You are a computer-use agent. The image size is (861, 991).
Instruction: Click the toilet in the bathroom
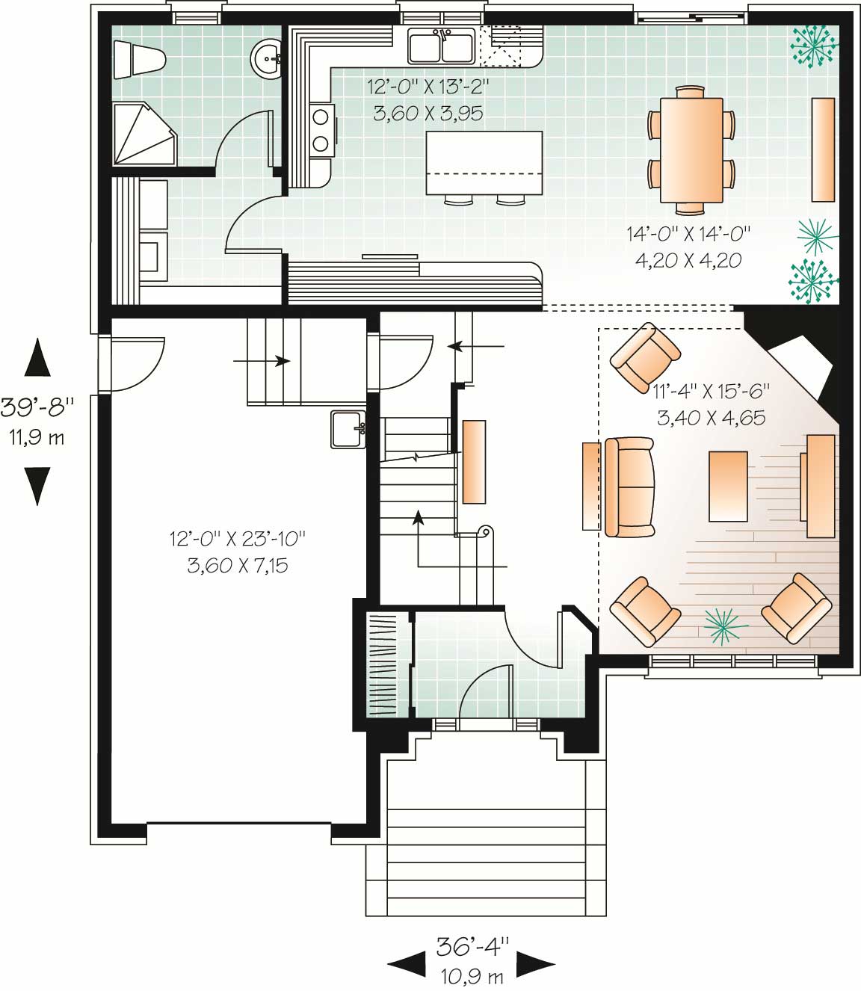pyautogui.click(x=139, y=59)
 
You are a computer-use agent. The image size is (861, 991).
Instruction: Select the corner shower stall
pyautogui.click(x=142, y=135)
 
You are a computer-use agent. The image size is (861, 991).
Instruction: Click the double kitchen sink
pyautogui.click(x=441, y=46)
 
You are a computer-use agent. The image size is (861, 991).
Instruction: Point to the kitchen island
pyautogui.click(x=484, y=162)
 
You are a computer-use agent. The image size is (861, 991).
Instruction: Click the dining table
pyautogui.click(x=691, y=150)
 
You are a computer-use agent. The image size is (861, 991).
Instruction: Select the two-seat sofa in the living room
pyautogui.click(x=629, y=487)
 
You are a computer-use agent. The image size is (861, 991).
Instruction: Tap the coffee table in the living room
pyautogui.click(x=728, y=486)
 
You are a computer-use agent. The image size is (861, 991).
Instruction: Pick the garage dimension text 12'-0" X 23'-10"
pyautogui.click(x=238, y=538)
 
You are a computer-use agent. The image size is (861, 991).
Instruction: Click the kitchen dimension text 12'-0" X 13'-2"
pyautogui.click(x=428, y=87)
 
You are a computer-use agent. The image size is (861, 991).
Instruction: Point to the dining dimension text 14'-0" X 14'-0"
pyautogui.click(x=688, y=234)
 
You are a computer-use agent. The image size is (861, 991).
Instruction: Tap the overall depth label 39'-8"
pyautogui.click(x=37, y=407)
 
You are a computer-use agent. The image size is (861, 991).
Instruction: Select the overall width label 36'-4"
pyautogui.click(x=472, y=946)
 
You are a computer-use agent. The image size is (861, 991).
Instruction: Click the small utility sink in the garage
pyautogui.click(x=348, y=429)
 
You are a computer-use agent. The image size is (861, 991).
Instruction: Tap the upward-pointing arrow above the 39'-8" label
pyautogui.click(x=37, y=357)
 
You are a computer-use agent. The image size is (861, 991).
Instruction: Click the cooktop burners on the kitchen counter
pyautogui.click(x=322, y=129)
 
